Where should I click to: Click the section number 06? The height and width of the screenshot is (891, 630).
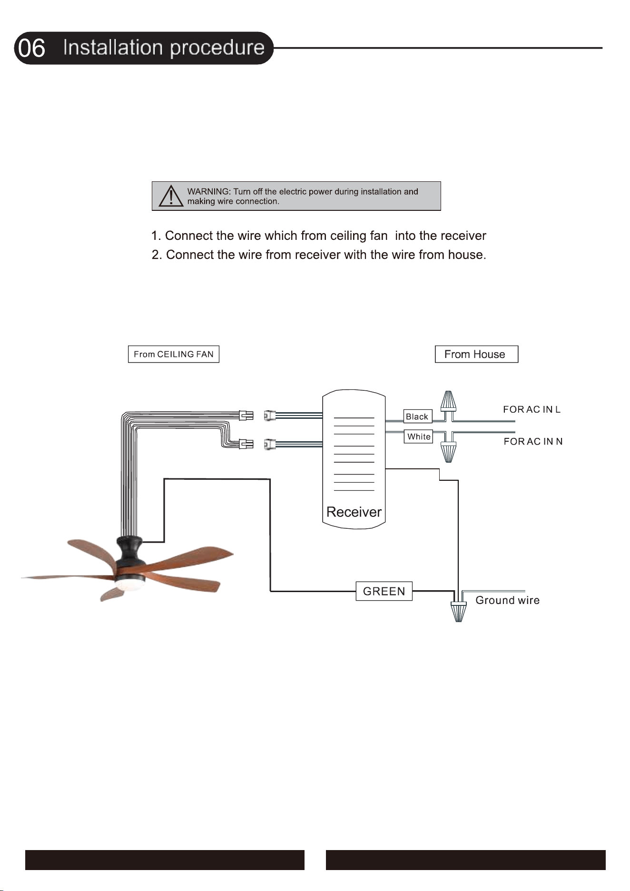[32, 49]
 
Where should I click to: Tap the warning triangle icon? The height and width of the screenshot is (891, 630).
[171, 196]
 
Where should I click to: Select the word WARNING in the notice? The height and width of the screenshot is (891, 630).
[208, 191]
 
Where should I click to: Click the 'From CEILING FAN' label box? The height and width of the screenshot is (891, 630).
[174, 354]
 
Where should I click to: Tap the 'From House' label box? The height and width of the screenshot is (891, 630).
[476, 354]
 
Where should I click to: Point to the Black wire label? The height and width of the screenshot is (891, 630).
[417, 416]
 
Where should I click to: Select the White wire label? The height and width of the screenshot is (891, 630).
[419, 436]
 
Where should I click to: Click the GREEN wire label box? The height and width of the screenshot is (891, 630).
[384, 591]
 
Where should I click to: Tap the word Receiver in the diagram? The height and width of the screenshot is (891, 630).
[354, 512]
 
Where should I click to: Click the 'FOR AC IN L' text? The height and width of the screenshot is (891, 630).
[532, 409]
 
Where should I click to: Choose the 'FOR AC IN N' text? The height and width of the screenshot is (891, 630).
[533, 442]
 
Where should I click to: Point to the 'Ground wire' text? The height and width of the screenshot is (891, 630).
[508, 600]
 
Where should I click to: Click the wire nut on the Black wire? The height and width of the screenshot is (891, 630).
[448, 401]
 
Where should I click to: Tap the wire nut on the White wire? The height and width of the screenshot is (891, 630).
[448, 452]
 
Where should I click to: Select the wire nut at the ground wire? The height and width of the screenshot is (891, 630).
[459, 612]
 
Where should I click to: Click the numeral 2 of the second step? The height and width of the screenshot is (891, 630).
[156, 255]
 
